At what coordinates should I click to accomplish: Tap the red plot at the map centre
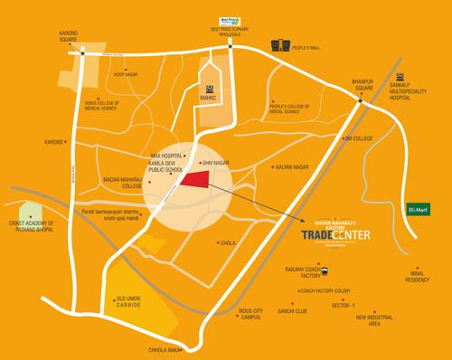click(193, 181)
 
